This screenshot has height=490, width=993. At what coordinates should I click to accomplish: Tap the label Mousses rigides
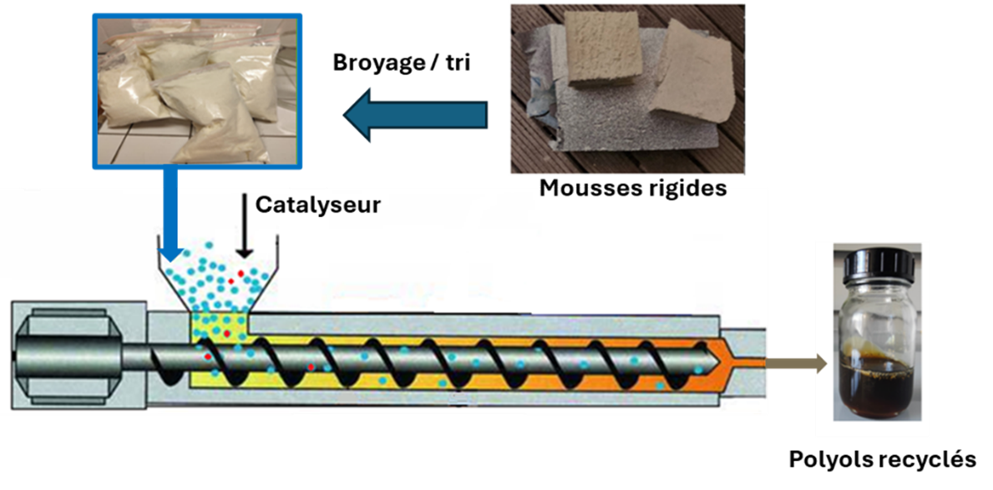point(633,188)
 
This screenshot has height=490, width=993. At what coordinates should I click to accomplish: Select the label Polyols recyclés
point(882,459)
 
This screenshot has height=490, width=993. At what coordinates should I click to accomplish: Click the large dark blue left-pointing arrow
point(415,114)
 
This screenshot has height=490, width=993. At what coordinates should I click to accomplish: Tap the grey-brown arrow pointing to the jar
point(796,363)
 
